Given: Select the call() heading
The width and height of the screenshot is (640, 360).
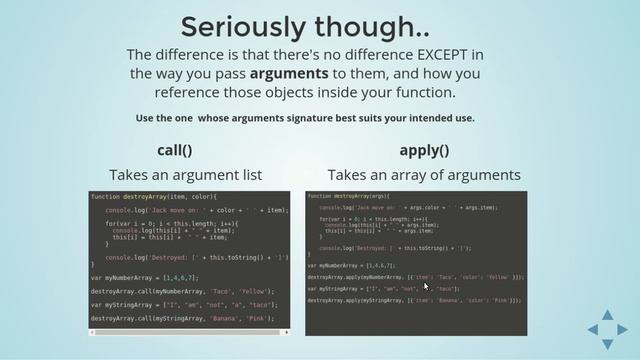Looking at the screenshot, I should [174, 150].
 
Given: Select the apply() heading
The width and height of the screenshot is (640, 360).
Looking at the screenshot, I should [424, 150].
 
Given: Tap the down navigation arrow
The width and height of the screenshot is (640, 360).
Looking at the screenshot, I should [607, 343].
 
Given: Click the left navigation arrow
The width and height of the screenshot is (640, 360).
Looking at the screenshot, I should [593, 329].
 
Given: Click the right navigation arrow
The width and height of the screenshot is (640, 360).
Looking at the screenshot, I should [622, 329].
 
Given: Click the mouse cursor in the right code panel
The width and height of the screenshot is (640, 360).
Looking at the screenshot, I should [426, 285].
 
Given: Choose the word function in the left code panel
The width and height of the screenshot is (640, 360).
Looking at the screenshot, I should [103, 196].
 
